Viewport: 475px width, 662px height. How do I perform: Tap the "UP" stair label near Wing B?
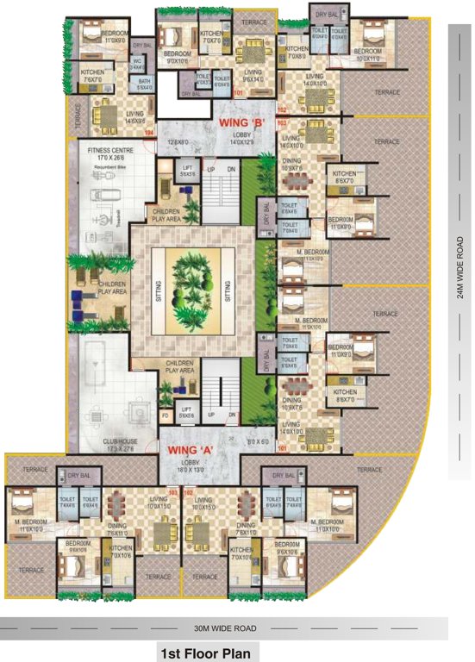pyautogui.click(x=209, y=169)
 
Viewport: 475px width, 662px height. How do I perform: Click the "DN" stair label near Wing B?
pyautogui.click(x=231, y=169)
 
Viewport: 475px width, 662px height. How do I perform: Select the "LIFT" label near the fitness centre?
pyautogui.click(x=187, y=167)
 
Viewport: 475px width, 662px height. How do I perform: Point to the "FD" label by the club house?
pyautogui.click(x=166, y=415)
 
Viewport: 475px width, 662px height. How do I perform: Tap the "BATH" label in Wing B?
pyautogui.click(x=143, y=82)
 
